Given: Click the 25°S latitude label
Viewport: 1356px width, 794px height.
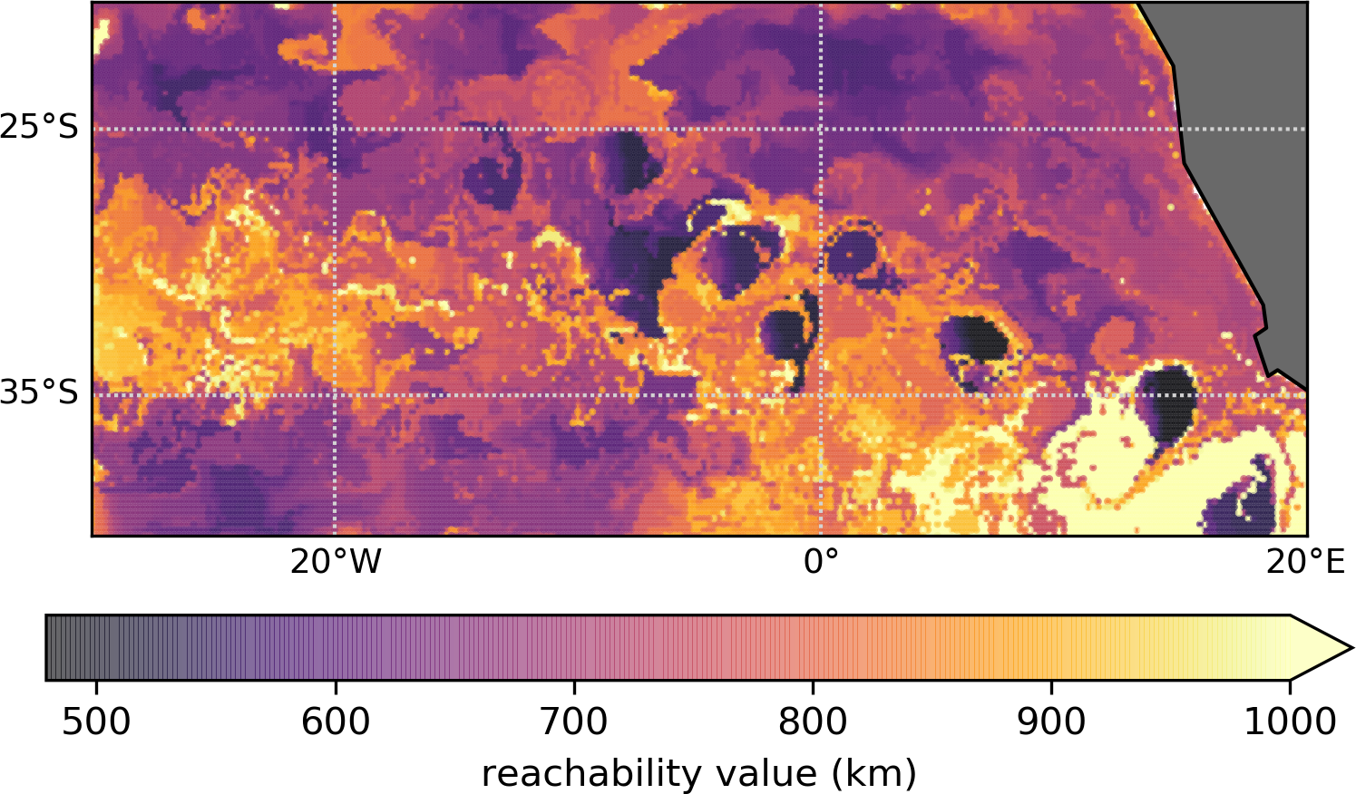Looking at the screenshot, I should click(39, 128).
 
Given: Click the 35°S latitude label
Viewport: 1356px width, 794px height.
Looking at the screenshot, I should click(39, 393).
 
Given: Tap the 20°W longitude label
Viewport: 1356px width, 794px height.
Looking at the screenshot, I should click(336, 562).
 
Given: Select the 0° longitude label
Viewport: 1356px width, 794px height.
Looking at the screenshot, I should click(821, 562).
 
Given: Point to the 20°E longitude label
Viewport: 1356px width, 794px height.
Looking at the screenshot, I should click(1305, 562).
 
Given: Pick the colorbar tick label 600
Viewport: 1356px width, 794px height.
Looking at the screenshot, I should click(335, 722).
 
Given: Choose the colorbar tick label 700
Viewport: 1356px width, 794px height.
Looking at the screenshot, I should click(573, 722).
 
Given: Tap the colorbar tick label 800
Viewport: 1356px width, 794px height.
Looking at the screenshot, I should click(813, 722).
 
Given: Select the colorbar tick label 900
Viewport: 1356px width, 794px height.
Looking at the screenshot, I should click(1051, 722).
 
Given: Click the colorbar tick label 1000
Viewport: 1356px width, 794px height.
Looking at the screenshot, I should click(1290, 722).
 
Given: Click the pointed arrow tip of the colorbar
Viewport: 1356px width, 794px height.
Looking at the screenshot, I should click(1351, 647).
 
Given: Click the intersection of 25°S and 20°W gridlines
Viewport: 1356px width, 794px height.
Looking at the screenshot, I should click(336, 129).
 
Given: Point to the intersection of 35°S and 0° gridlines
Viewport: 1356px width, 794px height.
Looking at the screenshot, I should click(821, 394).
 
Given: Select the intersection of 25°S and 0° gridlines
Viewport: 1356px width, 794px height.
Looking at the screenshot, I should click(821, 129).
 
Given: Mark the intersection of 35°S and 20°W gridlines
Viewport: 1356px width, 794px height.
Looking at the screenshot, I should click(336, 394).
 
